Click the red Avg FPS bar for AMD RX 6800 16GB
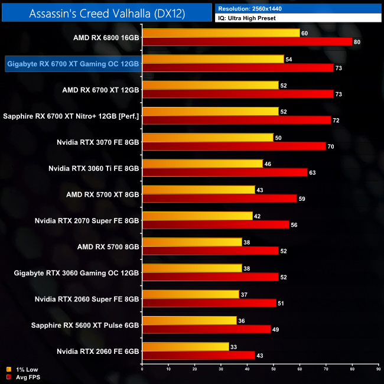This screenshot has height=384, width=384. [247, 42]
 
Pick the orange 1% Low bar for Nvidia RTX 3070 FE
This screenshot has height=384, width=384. [208, 138]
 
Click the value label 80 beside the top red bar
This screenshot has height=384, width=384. [356, 42]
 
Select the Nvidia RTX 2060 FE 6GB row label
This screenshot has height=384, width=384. [98, 351]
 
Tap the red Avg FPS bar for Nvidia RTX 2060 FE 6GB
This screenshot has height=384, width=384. [198, 355]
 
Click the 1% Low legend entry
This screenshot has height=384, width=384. [24, 369]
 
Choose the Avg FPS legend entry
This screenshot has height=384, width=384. [26, 377]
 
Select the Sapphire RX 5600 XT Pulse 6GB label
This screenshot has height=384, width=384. [89, 325]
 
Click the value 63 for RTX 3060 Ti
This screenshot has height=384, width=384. [312, 173]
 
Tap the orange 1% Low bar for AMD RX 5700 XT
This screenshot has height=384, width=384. [198, 190]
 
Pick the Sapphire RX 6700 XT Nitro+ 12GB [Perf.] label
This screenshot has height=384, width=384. [71, 116]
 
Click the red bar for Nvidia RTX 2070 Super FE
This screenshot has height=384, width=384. [216, 224]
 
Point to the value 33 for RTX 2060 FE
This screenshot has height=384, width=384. [233, 347]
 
